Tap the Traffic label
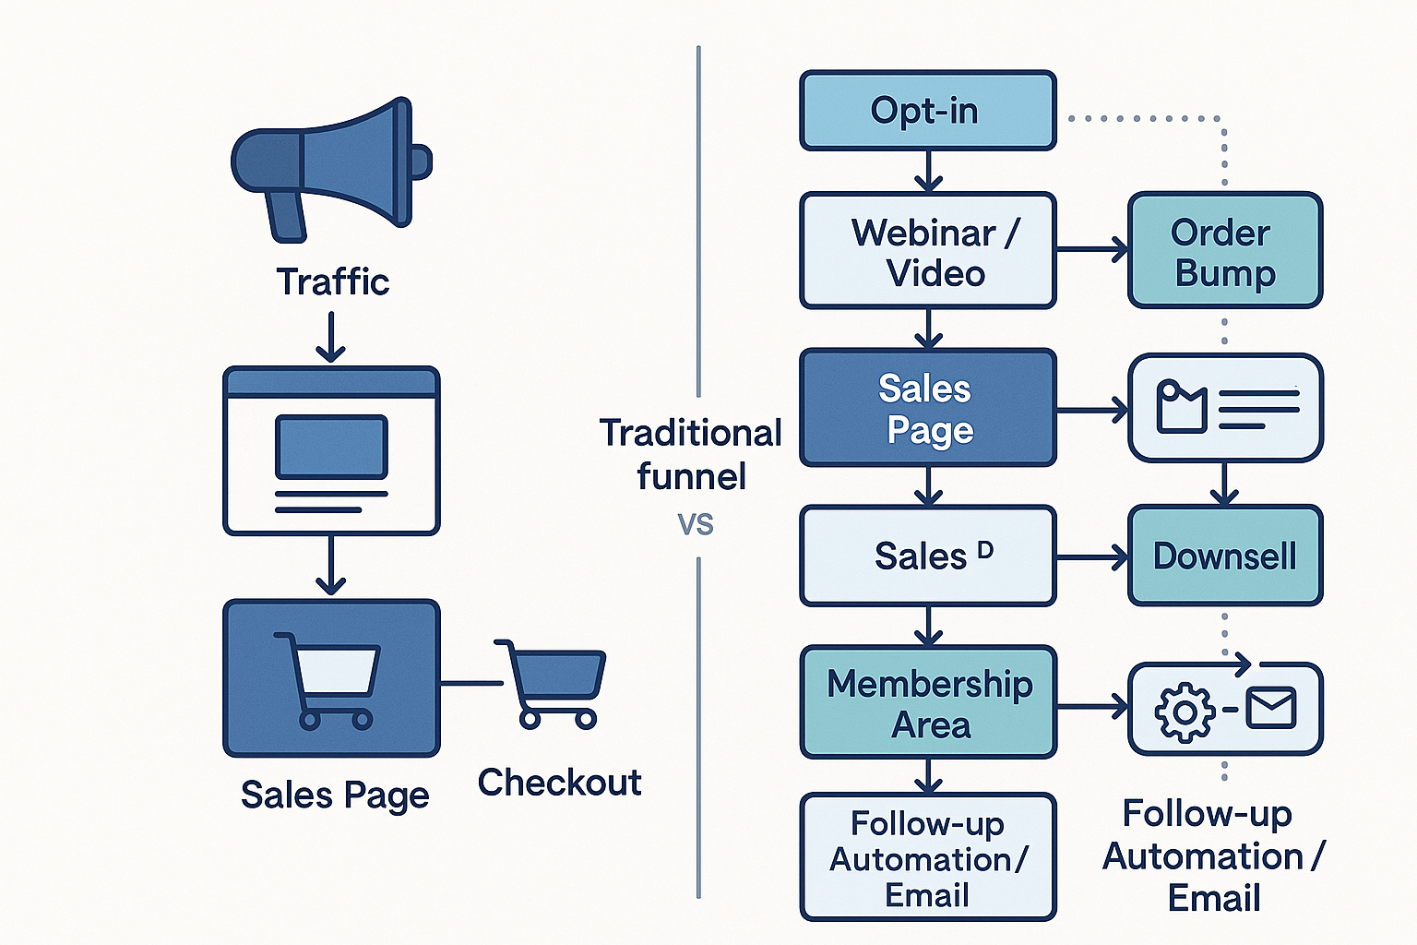click(332, 281)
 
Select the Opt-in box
click(927, 111)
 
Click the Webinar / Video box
click(927, 251)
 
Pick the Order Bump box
click(1225, 251)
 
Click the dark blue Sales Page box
click(927, 408)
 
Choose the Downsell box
click(1225, 556)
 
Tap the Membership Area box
click(927, 703)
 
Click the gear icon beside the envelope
click(1185, 712)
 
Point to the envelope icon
click(1271, 709)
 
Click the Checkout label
click(559, 783)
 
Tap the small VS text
click(696, 524)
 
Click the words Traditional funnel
click(690, 454)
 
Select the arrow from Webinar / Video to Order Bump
click(1092, 249)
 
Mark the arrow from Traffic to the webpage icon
click(330, 337)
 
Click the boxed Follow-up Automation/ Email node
click(927, 858)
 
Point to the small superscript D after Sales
click(985, 550)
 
